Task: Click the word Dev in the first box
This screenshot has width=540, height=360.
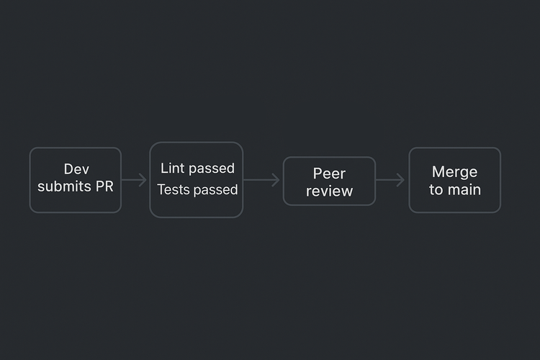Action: (x=76, y=169)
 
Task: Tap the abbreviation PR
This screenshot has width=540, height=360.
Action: (x=103, y=187)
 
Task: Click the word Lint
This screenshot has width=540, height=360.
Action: (x=172, y=168)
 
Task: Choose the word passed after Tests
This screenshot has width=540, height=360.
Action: (x=215, y=190)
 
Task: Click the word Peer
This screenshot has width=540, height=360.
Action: (x=329, y=174)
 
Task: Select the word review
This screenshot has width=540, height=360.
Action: (x=329, y=192)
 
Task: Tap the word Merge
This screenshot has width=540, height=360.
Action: (x=454, y=172)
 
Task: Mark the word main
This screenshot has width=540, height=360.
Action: (x=464, y=190)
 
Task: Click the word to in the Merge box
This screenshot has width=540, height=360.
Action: (x=436, y=190)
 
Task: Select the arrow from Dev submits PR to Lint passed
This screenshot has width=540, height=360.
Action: (x=135, y=180)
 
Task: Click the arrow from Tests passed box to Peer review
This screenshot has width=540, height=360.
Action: (x=261, y=180)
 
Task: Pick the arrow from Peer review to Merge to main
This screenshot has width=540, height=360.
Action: (x=391, y=181)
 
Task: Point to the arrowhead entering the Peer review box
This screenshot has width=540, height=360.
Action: (x=276, y=180)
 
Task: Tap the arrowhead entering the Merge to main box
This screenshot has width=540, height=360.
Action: (x=402, y=181)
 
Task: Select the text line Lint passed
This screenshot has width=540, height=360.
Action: (x=197, y=168)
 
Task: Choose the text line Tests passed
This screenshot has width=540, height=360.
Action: (x=197, y=190)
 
